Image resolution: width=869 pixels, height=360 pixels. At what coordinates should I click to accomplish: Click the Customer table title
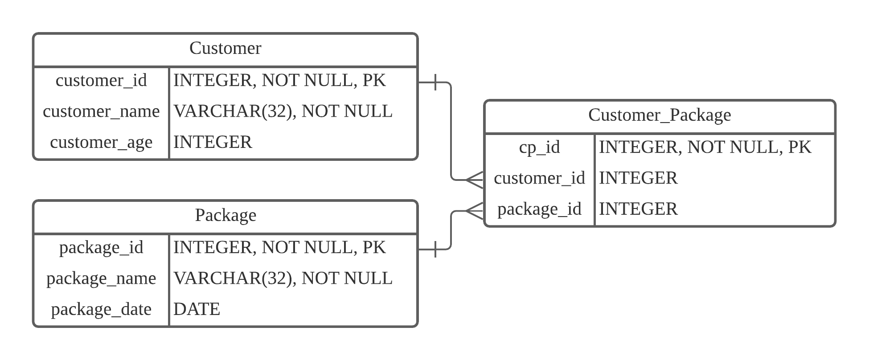[x=225, y=48]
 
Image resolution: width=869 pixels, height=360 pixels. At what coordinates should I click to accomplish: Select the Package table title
[x=225, y=215]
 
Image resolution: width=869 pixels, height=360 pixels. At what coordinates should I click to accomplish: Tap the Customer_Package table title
[x=660, y=115]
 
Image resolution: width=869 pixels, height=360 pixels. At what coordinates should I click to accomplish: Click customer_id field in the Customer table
[x=101, y=80]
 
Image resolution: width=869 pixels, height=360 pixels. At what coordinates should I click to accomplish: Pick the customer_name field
[x=101, y=111]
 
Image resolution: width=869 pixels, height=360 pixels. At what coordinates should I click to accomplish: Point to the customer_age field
[x=101, y=142]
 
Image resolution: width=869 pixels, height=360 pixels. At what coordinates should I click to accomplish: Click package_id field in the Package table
[x=101, y=247]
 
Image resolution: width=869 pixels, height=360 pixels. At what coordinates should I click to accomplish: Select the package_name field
[x=101, y=278]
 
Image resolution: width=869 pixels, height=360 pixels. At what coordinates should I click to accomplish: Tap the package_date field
[x=101, y=309]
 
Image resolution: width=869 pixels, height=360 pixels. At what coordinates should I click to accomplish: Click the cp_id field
[x=539, y=147]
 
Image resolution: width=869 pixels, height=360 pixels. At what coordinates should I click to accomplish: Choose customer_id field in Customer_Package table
[x=539, y=178]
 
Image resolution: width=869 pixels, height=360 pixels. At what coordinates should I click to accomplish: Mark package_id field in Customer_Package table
[x=539, y=209]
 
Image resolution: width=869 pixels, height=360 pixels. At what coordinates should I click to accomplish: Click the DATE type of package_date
[x=197, y=309]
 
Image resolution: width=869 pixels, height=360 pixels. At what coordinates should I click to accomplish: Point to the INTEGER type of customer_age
[x=213, y=142]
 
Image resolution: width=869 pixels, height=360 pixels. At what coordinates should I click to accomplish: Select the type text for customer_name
[x=283, y=111]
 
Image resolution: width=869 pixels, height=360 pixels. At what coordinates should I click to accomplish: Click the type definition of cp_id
[x=705, y=147]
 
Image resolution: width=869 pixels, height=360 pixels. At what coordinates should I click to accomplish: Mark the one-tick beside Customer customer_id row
[x=435, y=82]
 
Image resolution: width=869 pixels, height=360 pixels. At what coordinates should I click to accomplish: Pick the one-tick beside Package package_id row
[x=435, y=250]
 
